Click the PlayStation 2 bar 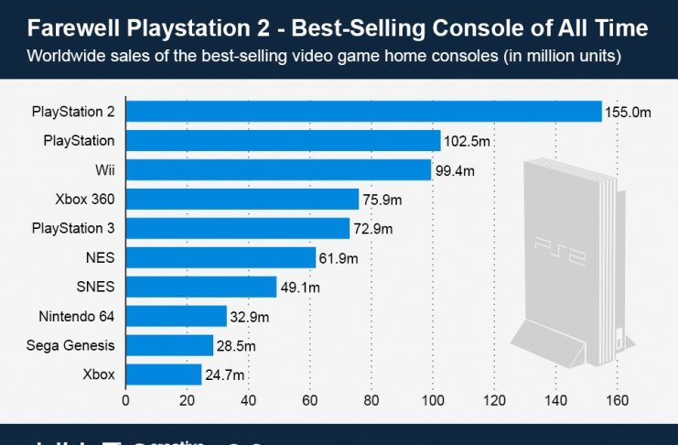click(363, 112)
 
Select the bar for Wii click(278, 170)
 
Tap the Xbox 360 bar click(242, 200)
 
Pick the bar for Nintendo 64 click(176, 317)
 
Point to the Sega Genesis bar click(169, 345)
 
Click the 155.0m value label click(627, 113)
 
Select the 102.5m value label click(466, 142)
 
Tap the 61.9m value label click(338, 259)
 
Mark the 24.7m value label click(223, 375)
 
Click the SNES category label click(95, 288)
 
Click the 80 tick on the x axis click(371, 400)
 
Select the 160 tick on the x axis click(618, 400)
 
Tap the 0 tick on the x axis click(125, 400)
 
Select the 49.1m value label click(298, 288)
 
